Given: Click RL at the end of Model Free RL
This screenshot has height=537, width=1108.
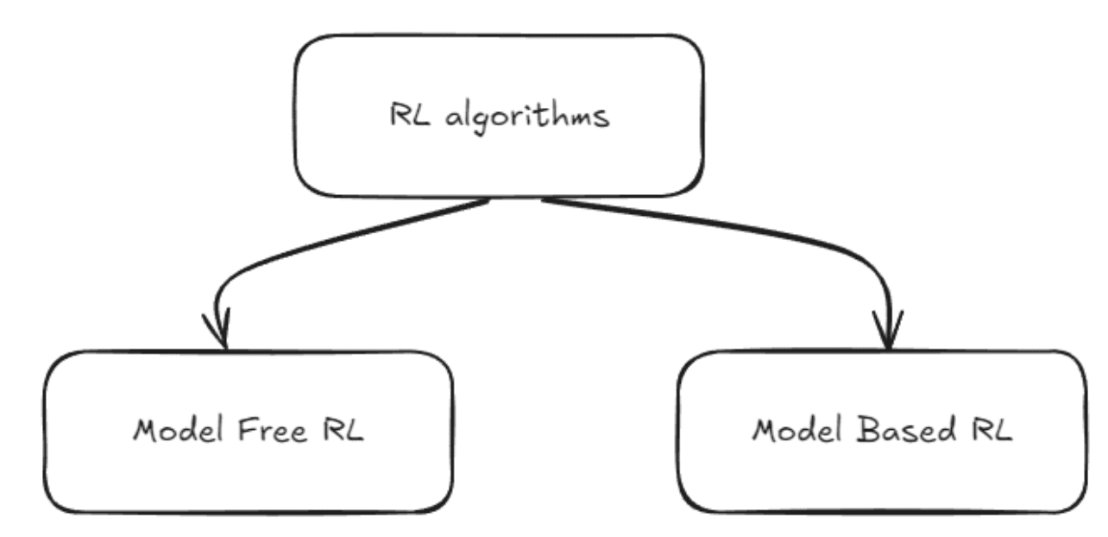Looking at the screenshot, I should click(340, 429).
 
